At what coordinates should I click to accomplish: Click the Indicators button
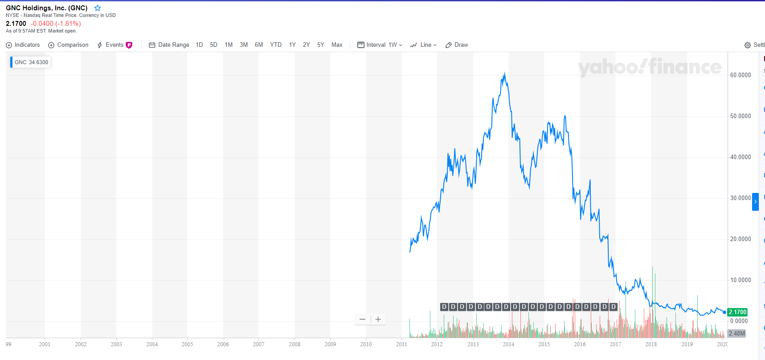tap(23, 45)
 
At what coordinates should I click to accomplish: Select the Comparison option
tap(68, 45)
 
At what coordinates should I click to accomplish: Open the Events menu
tap(115, 45)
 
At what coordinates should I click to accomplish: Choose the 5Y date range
tap(320, 45)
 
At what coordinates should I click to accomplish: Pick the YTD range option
tap(275, 45)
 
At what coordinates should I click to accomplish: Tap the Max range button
tap(337, 45)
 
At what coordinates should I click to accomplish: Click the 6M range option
tap(258, 45)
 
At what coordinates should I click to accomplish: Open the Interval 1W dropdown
tap(380, 45)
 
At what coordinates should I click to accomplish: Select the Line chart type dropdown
tap(423, 45)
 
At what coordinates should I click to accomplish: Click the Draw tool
tap(457, 45)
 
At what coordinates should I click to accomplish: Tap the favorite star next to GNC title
tap(98, 8)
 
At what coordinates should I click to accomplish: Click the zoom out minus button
tap(362, 319)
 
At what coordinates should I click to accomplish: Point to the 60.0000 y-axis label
tap(740, 75)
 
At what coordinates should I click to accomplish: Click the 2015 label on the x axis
tap(544, 344)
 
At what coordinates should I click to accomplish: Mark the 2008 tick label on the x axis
tap(295, 344)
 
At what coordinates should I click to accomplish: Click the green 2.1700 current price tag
tap(737, 312)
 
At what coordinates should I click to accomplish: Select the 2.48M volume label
tap(736, 333)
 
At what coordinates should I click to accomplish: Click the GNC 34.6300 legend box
tap(31, 62)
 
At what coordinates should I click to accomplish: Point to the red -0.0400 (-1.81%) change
tap(56, 24)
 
